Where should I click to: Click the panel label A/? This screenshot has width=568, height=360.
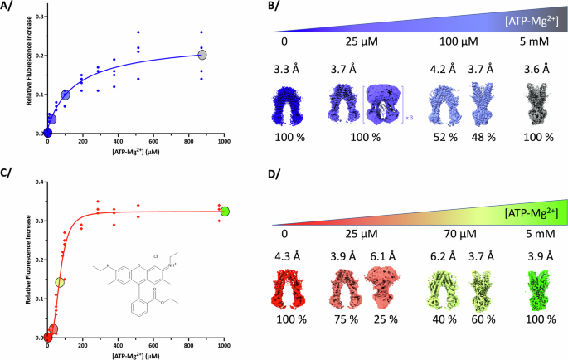coord(10,7)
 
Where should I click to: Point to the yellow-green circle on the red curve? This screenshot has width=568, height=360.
coord(60,283)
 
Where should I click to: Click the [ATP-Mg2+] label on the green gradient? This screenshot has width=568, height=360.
coord(527,216)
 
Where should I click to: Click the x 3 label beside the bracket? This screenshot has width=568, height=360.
coord(408,119)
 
